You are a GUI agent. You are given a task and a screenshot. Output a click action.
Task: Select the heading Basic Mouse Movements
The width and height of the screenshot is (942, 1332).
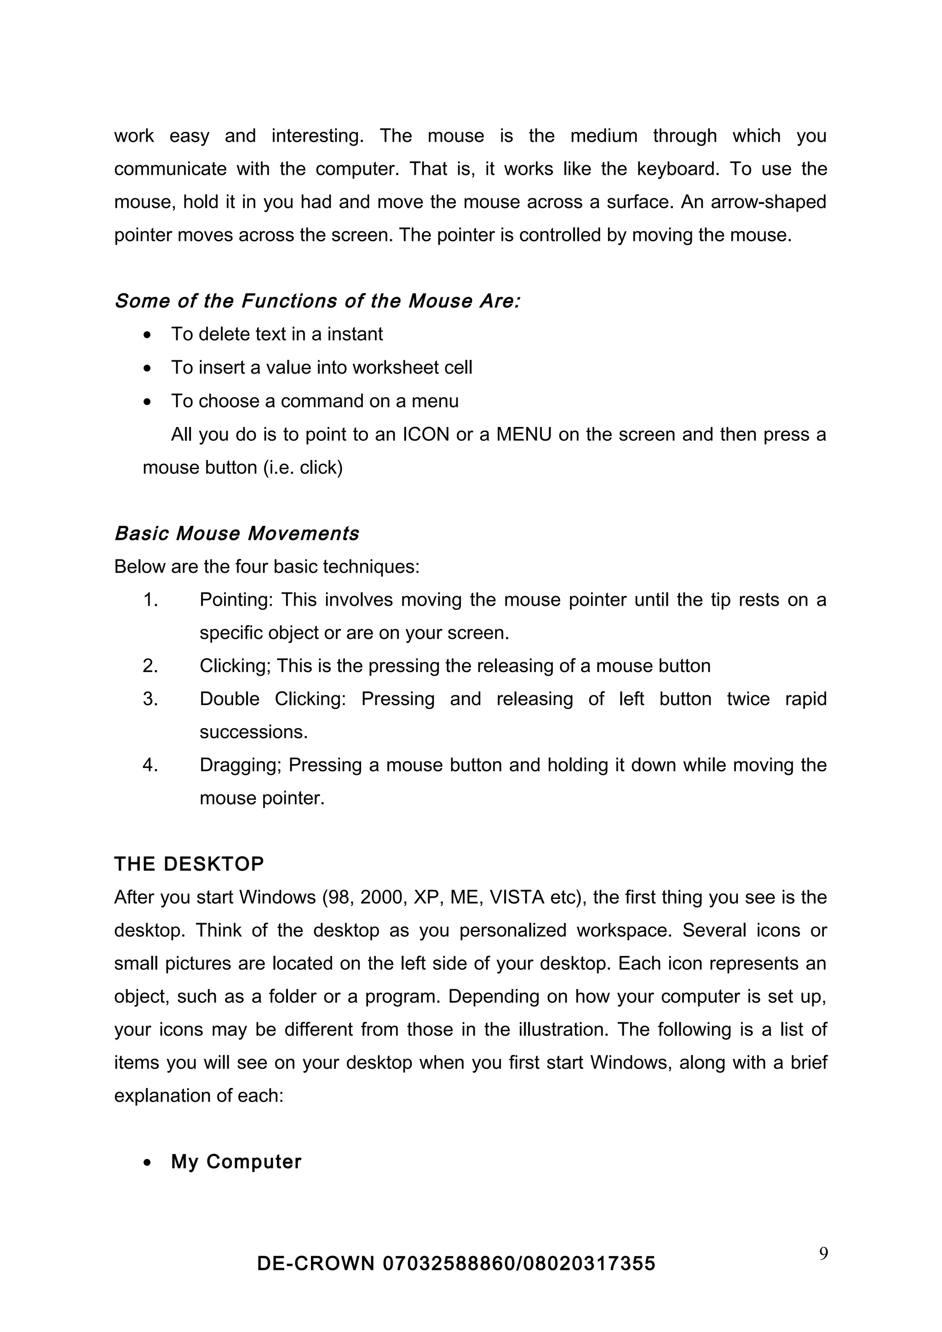(x=237, y=533)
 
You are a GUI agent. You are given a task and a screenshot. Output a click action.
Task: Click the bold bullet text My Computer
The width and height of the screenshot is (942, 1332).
(x=236, y=1161)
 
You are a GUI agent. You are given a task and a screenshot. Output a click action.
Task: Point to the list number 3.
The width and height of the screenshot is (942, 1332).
(x=150, y=699)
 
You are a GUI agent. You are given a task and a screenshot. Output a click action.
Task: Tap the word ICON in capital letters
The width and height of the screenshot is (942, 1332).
(x=426, y=434)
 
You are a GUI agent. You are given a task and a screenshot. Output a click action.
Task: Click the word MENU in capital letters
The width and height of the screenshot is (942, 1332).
(x=523, y=434)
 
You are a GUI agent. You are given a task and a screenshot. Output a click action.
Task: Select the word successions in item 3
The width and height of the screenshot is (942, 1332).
(x=253, y=732)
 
